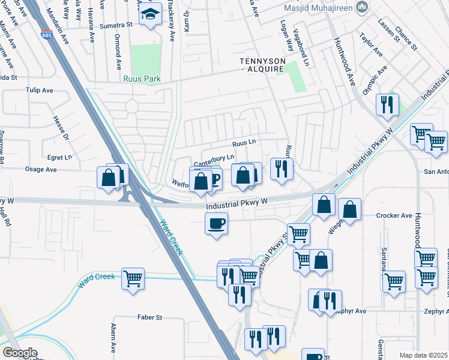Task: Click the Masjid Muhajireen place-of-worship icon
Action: pos(362,7)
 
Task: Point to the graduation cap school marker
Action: pos(151,14)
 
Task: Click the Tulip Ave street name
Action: pos(39,91)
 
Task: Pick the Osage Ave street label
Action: pos(40,170)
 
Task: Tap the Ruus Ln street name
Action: pos(244,143)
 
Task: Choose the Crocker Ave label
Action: pos(394,215)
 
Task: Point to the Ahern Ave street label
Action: pos(113,338)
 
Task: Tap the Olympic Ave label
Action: pos(375,81)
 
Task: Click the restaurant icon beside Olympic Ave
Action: pos(387,104)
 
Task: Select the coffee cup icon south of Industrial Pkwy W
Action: pos(216,224)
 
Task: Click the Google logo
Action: pos(20,353)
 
